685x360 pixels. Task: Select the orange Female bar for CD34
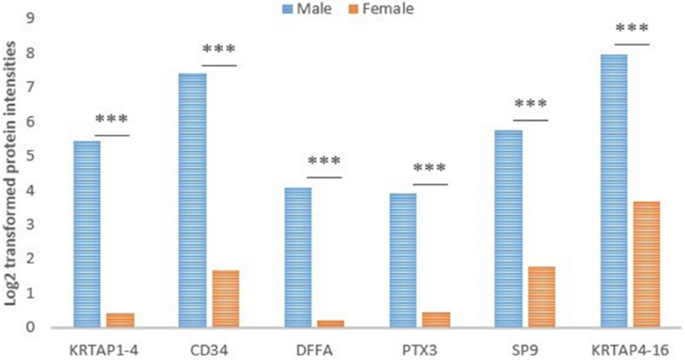pyautogui.click(x=225, y=298)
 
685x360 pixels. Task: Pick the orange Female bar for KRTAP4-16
pyautogui.click(x=646, y=264)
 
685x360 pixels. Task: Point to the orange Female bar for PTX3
pyautogui.click(x=435, y=319)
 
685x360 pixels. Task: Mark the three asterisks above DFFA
pyautogui.click(x=324, y=163)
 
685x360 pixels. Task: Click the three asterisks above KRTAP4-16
pyautogui.click(x=632, y=29)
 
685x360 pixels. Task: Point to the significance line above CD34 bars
pyautogui.click(x=218, y=65)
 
